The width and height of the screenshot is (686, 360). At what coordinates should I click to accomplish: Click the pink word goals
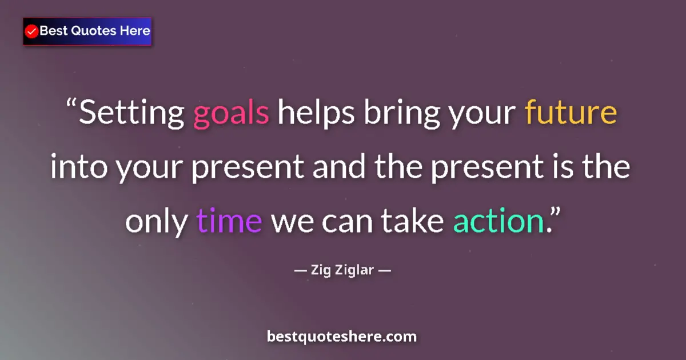231,114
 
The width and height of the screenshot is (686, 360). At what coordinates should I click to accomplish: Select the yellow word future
571,113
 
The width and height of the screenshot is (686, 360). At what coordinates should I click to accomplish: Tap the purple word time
229,221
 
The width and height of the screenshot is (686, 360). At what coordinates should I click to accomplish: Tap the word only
156,221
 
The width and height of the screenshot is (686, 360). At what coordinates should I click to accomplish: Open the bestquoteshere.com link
342,337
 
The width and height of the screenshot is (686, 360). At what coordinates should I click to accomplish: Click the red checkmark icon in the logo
32,31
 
